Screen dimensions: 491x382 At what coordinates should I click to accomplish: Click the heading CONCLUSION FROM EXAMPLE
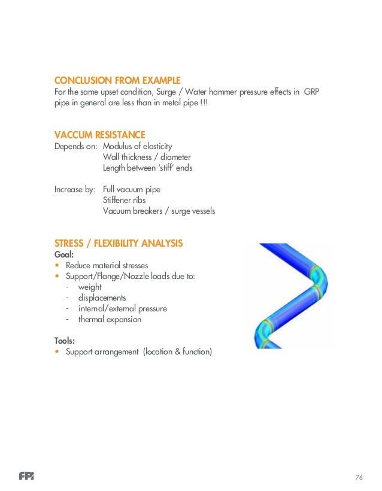117,80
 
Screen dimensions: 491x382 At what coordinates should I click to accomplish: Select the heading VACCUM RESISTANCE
100,135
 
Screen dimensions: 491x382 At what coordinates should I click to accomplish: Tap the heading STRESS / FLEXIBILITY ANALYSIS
119,243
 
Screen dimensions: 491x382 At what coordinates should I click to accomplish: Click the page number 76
359,477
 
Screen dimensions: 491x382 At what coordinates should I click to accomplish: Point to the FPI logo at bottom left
26,477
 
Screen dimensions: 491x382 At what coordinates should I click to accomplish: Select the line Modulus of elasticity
137,146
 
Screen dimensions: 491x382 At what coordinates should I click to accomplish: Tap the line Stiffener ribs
124,200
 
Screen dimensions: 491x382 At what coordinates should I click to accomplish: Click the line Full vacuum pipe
131,189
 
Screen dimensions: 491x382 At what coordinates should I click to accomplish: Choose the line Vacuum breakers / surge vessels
159,211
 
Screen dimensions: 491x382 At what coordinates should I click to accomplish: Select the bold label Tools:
65,341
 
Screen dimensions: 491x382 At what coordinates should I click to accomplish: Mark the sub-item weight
90,287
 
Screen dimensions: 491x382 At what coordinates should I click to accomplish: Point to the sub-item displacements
102,298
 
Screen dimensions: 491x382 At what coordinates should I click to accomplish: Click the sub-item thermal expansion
110,319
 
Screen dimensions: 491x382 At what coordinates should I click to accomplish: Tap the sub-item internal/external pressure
122,308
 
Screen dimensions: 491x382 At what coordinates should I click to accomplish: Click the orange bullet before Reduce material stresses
57,265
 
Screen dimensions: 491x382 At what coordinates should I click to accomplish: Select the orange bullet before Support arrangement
57,352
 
